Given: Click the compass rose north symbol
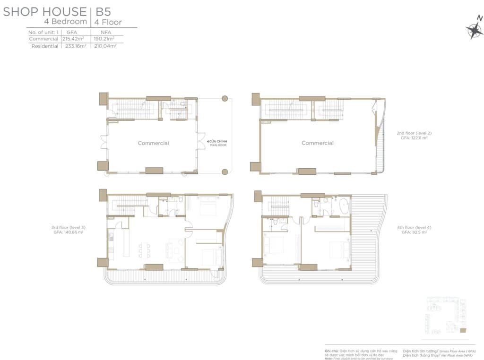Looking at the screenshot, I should click(x=474, y=29).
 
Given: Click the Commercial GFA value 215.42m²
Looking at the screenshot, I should click(x=75, y=39).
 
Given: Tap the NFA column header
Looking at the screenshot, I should click(x=106, y=32).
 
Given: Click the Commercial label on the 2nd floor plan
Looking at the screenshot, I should click(x=317, y=143).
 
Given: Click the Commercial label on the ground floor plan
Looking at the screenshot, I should click(x=153, y=143).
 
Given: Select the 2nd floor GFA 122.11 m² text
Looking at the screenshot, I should click(x=414, y=138).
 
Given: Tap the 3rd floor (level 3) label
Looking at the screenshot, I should click(x=68, y=227).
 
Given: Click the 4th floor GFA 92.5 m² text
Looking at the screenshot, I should click(x=414, y=232).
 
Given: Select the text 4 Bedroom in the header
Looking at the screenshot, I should click(x=65, y=22).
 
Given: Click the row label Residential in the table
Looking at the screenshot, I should click(x=45, y=46).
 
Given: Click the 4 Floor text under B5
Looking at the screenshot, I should click(x=108, y=22).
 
